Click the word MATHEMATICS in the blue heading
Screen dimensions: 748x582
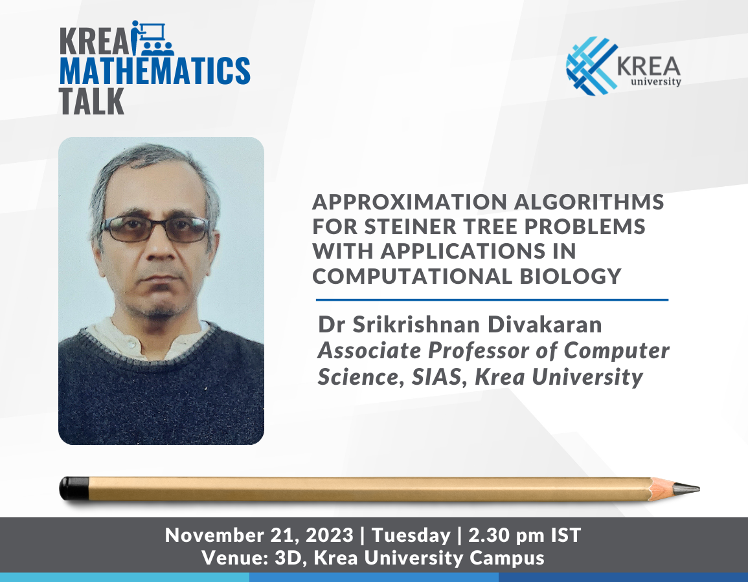click(x=155, y=71)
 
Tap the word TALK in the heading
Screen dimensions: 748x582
click(x=91, y=101)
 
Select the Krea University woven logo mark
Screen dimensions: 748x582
click(x=591, y=66)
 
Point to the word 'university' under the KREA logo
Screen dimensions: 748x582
click(x=655, y=81)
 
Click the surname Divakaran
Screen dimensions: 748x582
click(x=544, y=325)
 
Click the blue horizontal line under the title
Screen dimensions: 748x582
click(x=492, y=300)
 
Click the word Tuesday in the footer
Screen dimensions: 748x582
click(x=411, y=536)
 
